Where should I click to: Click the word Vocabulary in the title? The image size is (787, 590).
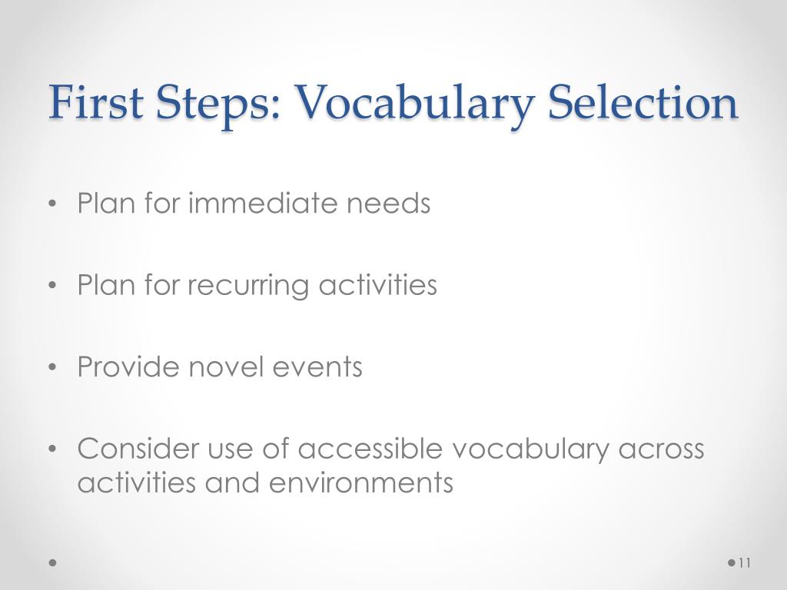click(x=414, y=104)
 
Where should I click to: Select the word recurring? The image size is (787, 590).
click(x=248, y=287)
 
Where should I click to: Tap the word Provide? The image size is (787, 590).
click(x=128, y=366)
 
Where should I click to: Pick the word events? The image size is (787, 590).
click(x=317, y=367)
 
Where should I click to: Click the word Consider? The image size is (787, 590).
click(x=138, y=448)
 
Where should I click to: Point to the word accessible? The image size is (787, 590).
click(x=370, y=448)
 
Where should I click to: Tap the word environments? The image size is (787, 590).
click(x=361, y=482)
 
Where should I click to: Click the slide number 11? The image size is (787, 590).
click(x=745, y=563)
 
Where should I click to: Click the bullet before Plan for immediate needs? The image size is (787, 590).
click(x=53, y=204)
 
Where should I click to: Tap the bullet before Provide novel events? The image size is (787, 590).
click(x=53, y=367)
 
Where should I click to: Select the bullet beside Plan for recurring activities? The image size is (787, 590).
click(x=53, y=286)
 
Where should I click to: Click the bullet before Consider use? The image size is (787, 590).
click(x=53, y=449)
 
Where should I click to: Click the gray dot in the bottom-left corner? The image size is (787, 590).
click(x=53, y=562)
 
